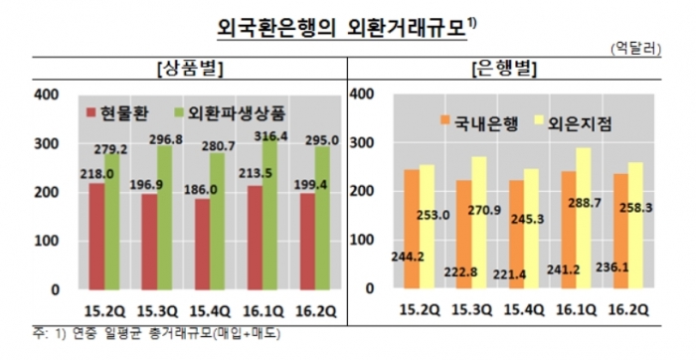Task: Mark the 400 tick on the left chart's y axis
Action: (49, 94)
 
